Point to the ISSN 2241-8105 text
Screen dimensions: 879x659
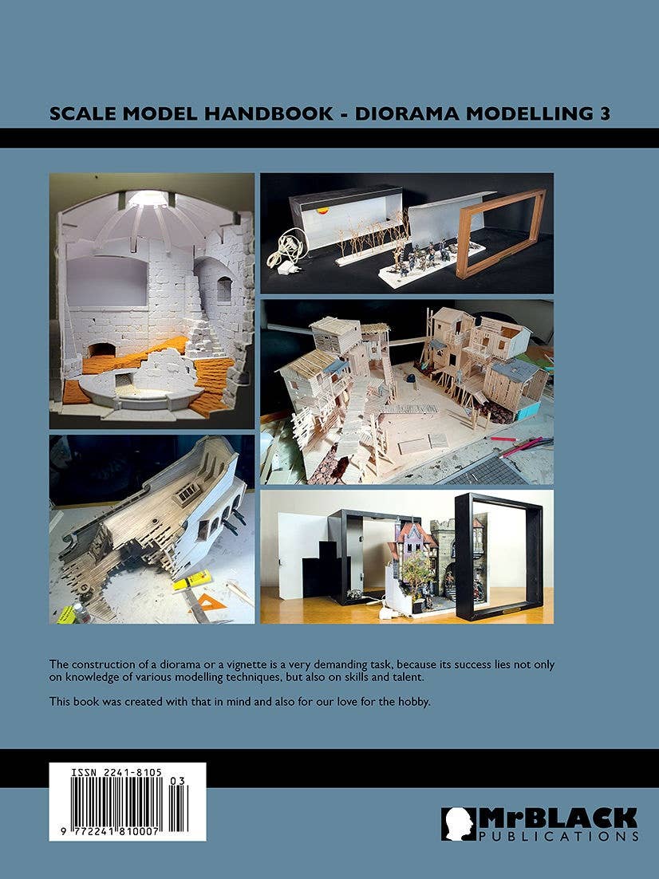click(116, 773)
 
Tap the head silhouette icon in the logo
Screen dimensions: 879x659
click(458, 823)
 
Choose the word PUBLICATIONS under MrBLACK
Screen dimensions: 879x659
click(558, 837)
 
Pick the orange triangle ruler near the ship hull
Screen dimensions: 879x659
click(208, 600)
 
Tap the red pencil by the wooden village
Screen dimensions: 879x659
click(503, 439)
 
